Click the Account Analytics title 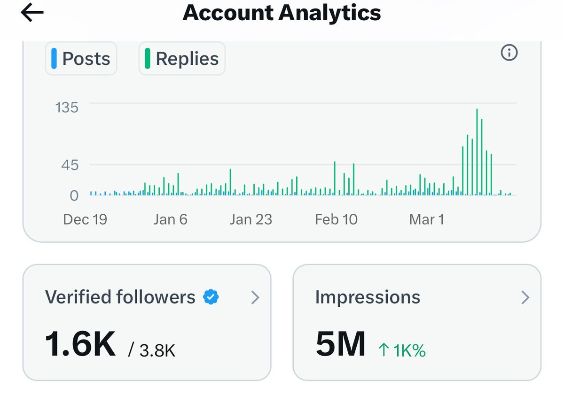282,13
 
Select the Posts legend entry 81,59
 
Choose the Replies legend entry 182,59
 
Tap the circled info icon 509,53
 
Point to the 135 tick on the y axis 67,108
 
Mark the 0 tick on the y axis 74,195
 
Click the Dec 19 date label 85,219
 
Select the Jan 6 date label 170,219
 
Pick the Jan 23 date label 251,219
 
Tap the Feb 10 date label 336,219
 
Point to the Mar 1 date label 426,219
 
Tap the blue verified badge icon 211,297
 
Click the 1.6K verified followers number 80,344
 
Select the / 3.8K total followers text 152,350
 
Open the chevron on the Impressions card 525,297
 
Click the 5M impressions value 341,344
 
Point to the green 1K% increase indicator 402,350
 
